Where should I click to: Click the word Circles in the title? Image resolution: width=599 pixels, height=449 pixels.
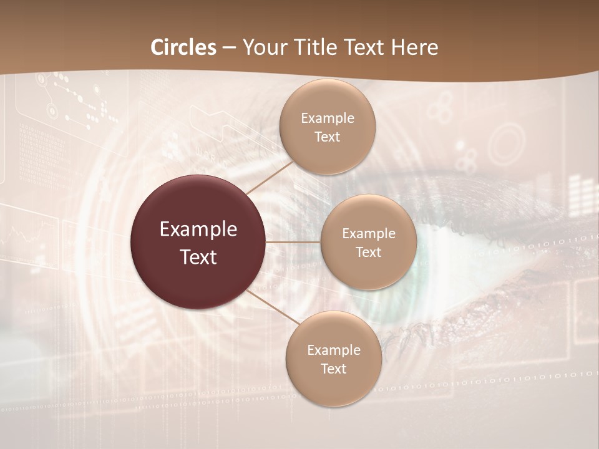(183, 47)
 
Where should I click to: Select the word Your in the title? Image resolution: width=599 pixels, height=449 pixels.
(262, 47)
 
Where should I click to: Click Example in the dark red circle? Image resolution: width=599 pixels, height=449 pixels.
(198, 229)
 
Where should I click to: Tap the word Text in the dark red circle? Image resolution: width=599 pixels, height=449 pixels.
(198, 257)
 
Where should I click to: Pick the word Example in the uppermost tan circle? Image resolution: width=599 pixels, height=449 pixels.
(328, 118)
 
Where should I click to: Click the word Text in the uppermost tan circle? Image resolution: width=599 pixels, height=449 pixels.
(328, 137)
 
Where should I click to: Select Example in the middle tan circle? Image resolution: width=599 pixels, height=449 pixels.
(368, 234)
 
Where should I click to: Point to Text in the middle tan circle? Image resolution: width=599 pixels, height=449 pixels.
(368, 252)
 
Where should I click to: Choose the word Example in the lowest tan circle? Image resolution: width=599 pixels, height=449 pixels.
(333, 350)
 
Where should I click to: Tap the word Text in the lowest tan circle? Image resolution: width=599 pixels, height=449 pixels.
(333, 369)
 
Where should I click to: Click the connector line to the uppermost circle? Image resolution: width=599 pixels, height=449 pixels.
(270, 177)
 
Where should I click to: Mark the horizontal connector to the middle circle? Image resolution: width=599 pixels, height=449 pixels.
(293, 242)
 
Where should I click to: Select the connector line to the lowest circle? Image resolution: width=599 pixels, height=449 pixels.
(273, 307)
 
